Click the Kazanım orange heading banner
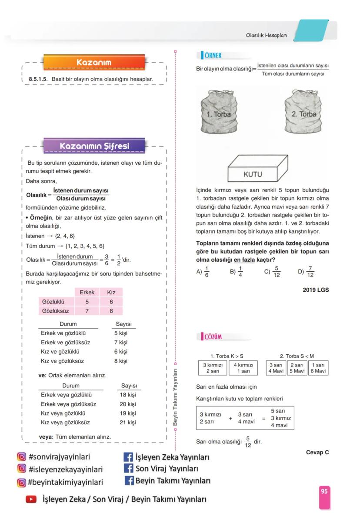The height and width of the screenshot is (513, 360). tap(93, 63)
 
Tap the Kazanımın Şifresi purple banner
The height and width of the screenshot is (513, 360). tap(94, 146)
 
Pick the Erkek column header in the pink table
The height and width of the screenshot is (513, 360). tap(87, 293)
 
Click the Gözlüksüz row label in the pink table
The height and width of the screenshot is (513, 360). tap(55, 311)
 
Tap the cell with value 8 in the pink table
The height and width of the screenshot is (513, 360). tap(111, 311)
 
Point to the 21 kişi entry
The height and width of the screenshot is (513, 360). tap(128, 422)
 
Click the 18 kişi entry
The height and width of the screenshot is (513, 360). tap(128, 395)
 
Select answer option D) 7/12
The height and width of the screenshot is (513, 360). tap(306, 272)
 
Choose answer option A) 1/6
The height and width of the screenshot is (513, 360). tap(203, 272)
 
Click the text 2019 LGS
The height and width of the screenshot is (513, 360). tap(316, 290)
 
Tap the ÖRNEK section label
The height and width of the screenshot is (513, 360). tap(212, 55)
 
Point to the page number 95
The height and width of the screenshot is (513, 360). tap(324, 491)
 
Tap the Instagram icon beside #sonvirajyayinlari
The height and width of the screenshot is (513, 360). tap(21, 457)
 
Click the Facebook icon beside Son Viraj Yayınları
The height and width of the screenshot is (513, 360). tap(128, 469)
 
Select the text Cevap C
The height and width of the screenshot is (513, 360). tap(317, 453)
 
